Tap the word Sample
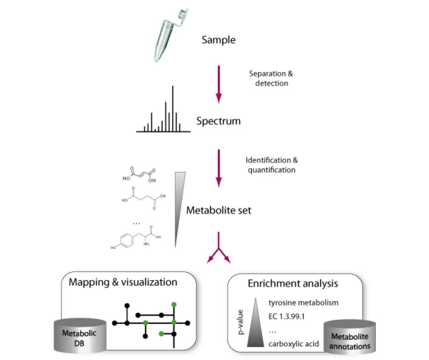(x=218, y=39)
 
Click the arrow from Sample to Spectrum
(x=219, y=83)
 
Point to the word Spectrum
(x=218, y=121)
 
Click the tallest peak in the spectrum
(x=173, y=107)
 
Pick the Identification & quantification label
(x=271, y=165)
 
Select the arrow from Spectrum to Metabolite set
(x=219, y=167)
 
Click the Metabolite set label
(x=219, y=210)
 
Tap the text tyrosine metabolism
(x=304, y=303)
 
